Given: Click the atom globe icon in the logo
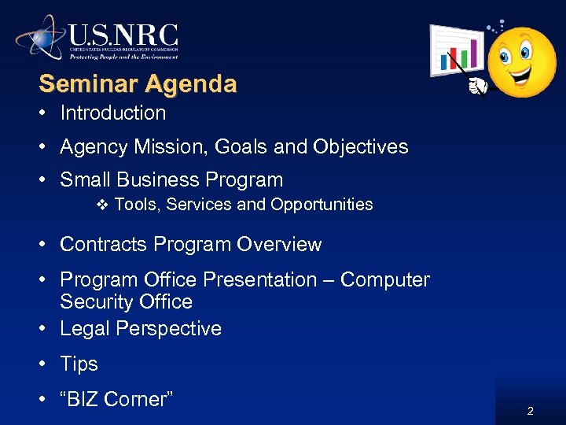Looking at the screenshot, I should pos(40,37).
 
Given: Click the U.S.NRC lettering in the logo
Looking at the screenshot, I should pos(123,35).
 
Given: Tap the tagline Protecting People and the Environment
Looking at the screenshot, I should pos(123,57).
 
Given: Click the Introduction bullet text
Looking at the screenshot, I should pos(112,113).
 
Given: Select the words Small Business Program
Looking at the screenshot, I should pos(171,180).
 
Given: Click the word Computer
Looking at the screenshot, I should pos(385,280).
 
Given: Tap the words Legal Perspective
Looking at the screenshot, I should pos(141,329).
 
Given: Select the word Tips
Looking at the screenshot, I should pos(79,364).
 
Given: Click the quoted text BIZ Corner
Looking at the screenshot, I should pos(116,400).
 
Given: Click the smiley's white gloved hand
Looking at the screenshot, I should pos(476,85).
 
